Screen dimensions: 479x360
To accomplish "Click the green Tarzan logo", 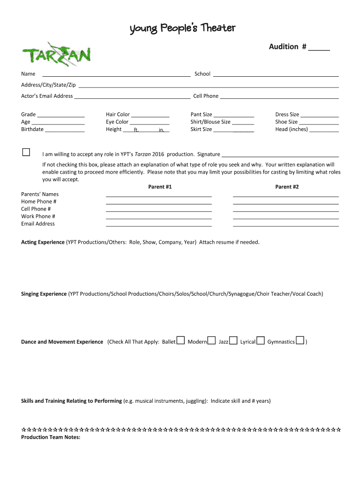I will click(56, 55).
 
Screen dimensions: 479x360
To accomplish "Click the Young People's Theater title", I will click(182, 29).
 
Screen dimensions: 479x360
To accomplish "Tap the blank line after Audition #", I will click(319, 47).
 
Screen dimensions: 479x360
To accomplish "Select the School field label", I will click(202, 74).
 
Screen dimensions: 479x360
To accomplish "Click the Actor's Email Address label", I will click(47, 96).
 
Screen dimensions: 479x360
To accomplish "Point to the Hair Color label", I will click(118, 115).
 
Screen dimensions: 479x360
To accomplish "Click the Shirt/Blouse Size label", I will click(210, 122).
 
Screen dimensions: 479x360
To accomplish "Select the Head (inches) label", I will click(291, 130).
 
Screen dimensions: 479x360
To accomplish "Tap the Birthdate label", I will click(32, 130).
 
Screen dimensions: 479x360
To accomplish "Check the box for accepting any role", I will click(26, 152).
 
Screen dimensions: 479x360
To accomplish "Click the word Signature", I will click(209, 154).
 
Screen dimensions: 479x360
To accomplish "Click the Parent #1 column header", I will click(160, 187).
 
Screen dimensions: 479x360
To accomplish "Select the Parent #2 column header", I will click(287, 187).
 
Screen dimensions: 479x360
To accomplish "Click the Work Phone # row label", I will click(38, 217).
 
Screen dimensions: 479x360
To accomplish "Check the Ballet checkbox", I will click(180, 341).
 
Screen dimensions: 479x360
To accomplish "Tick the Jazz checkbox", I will click(233, 341).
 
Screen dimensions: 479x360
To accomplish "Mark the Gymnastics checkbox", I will click(300, 341).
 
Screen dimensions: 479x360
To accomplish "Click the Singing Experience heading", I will click(44, 294).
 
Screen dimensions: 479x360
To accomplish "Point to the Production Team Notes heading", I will click(51, 437).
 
